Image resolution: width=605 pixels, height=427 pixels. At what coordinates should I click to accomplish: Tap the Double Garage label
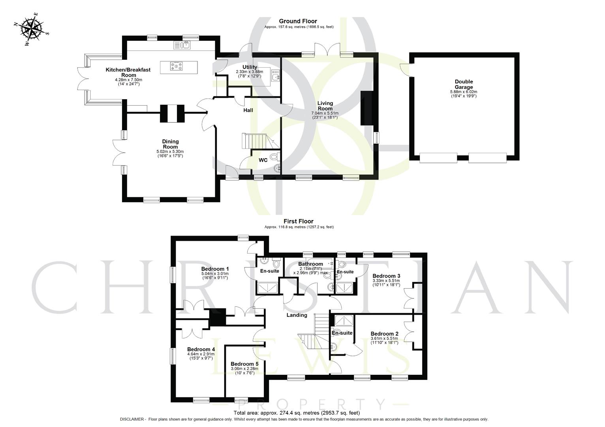coord(463,84)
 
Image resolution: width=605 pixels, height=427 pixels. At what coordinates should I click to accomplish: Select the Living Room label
coord(325,106)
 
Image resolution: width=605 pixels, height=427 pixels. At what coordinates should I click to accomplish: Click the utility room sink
coord(275,75)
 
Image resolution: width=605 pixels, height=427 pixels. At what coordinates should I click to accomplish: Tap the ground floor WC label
coord(263,160)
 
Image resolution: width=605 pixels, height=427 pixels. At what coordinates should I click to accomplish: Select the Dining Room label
coord(170,144)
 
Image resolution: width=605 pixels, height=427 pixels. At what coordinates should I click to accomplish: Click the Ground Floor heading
coord(298,21)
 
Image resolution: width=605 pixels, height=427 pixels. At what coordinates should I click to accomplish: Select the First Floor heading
coord(298,221)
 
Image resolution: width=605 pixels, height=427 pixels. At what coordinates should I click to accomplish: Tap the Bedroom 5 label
coord(244,364)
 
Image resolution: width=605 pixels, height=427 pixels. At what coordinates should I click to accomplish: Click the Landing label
coord(297,315)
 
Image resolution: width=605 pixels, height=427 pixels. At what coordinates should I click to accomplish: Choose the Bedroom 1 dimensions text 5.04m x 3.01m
coord(215,274)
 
